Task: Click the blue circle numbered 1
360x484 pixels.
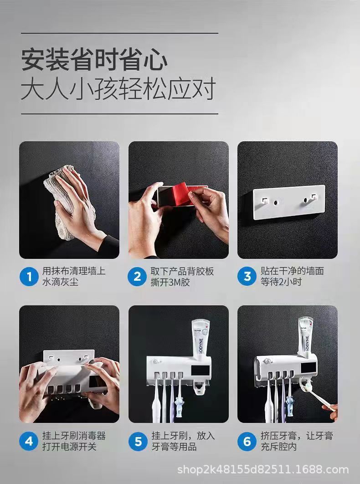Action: pos(29,276)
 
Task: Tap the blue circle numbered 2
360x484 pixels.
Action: pos(138,276)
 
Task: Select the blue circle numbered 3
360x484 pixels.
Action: pos(247,276)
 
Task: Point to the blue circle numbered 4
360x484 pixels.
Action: pos(29,441)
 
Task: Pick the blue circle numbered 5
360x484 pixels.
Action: pos(138,441)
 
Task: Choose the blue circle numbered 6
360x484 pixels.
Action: pos(247,441)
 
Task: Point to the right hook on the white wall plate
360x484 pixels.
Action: pos(314,196)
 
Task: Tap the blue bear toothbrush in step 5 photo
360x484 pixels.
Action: pos(180,407)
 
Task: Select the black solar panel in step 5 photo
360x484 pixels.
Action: pos(201,370)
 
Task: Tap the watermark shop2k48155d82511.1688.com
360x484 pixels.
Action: pos(263,469)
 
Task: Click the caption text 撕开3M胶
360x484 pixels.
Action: pos(170,282)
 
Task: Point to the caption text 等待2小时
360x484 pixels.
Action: pos(281,282)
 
